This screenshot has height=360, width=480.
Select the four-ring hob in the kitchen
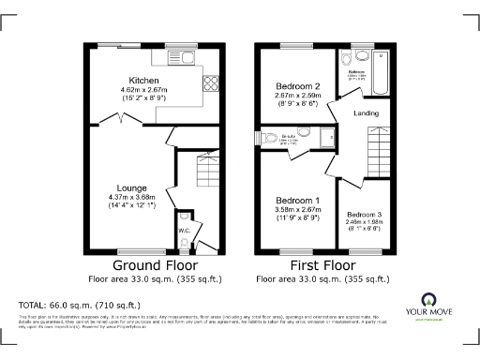[211, 82]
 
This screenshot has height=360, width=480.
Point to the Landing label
[366, 113]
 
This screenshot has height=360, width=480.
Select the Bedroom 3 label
[366, 214]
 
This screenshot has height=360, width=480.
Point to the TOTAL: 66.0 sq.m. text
[80, 306]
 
